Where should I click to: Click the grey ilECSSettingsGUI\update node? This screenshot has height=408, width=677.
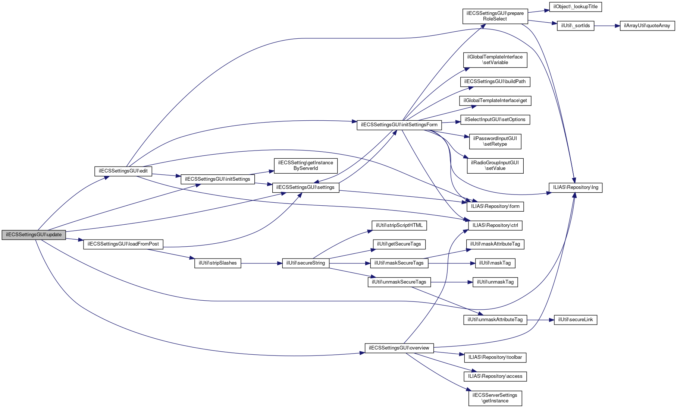[34, 235]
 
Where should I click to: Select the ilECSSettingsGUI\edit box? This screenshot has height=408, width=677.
[123, 171]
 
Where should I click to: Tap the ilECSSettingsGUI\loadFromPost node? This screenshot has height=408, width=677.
[123, 244]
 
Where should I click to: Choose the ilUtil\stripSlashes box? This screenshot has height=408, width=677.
[217, 263]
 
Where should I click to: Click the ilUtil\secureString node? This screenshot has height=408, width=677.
[305, 263]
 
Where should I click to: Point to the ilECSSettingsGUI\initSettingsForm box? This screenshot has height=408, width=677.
[399, 125]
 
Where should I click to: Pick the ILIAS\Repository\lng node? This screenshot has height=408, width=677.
[575, 187]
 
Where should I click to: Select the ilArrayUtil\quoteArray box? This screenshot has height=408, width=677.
[647, 26]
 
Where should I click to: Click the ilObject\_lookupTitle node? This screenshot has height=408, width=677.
[575, 7]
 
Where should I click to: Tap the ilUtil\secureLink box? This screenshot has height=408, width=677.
[575, 320]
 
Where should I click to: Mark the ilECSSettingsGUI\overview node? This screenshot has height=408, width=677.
[399, 348]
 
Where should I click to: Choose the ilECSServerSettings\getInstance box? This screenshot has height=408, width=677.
[495, 398]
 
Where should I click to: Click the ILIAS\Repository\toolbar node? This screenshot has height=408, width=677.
[495, 357]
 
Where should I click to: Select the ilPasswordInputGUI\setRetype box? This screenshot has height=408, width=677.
[495, 141]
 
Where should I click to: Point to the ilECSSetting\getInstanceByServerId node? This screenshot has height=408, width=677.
[305, 165]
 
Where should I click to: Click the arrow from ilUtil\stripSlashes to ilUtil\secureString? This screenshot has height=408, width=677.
[261, 263]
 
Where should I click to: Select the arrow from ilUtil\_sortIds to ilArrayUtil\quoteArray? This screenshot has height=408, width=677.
[607, 26]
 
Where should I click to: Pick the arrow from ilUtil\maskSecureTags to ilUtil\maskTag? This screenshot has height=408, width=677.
[451, 263]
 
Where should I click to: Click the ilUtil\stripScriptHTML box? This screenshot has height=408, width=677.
[399, 225]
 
